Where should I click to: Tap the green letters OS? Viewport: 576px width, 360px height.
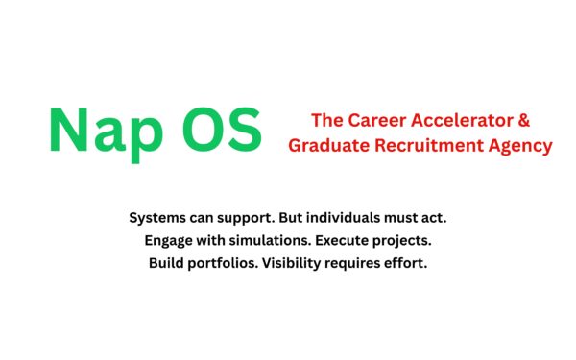tap(220, 129)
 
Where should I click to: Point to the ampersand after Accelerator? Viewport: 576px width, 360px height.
tap(524, 122)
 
